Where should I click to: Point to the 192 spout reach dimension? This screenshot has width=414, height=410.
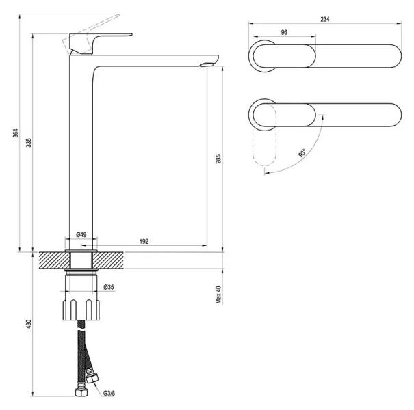[x=144, y=241]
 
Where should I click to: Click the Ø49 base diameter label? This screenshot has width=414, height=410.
[x=81, y=235]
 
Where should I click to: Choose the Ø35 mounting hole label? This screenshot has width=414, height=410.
[x=108, y=287]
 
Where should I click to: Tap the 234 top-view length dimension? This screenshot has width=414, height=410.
[x=325, y=19]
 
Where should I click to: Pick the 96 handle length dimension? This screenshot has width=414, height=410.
[x=283, y=32]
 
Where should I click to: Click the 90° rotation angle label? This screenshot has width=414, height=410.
[x=302, y=154]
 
